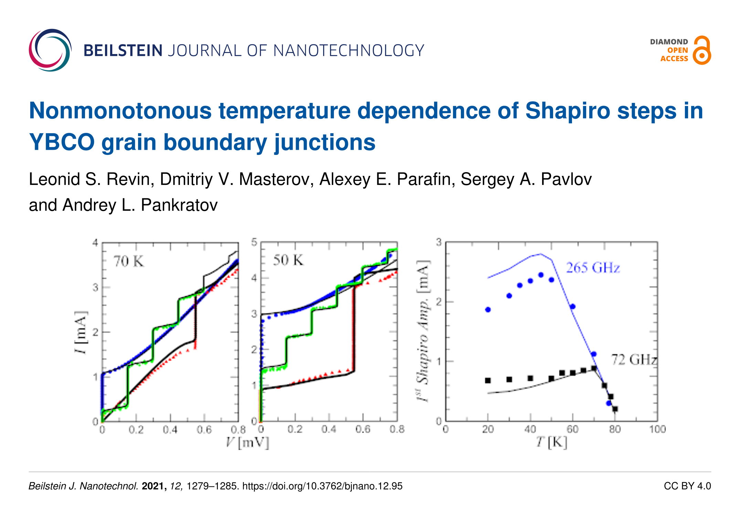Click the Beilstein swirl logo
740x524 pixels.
(x=50, y=50)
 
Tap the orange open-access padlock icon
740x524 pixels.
(x=702, y=51)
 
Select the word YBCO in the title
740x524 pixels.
(x=62, y=142)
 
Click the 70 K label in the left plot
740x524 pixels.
(x=128, y=261)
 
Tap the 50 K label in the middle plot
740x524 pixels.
(x=288, y=260)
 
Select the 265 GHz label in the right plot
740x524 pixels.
(x=593, y=268)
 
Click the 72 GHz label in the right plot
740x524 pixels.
(x=633, y=360)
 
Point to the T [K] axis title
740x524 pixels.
(x=551, y=442)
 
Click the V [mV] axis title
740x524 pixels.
(x=247, y=442)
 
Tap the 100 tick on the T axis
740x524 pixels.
(x=657, y=429)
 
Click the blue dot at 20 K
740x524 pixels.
(x=488, y=310)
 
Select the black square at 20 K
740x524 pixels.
(x=488, y=380)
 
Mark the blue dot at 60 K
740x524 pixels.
(x=573, y=306)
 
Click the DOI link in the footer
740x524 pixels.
(x=322, y=486)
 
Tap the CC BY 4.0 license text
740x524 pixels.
(x=687, y=486)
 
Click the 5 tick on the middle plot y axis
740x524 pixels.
(x=254, y=242)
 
